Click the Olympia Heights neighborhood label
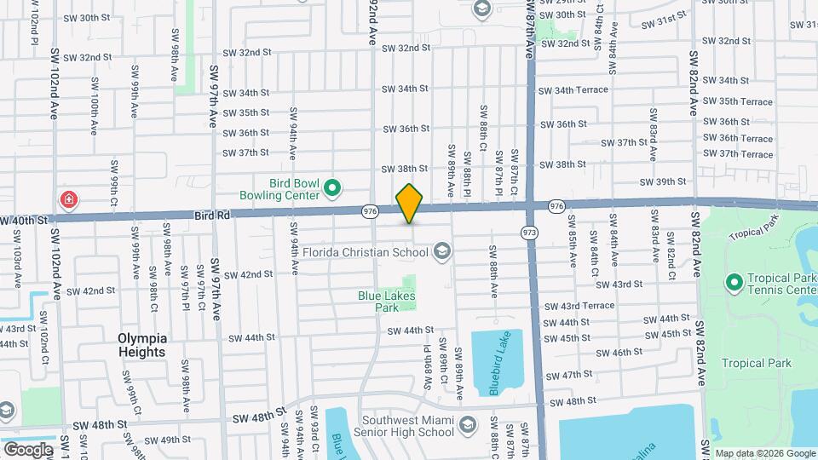142,344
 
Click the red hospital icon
67,200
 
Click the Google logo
27,449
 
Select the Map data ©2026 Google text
764,453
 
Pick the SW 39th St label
665,181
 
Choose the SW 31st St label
665,18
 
